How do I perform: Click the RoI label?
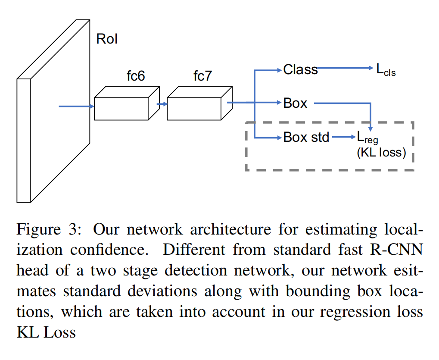click(107, 39)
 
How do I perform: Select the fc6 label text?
click(136, 76)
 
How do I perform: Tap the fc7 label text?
click(202, 76)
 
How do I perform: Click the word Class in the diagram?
click(300, 69)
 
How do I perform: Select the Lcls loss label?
click(386, 70)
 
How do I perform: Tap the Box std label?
click(306, 138)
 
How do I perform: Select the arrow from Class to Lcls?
click(345, 68)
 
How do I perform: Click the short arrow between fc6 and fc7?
click(161, 104)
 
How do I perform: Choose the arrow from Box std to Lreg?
click(342, 137)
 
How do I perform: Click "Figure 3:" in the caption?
click(47, 229)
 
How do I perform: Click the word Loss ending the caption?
click(61, 332)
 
